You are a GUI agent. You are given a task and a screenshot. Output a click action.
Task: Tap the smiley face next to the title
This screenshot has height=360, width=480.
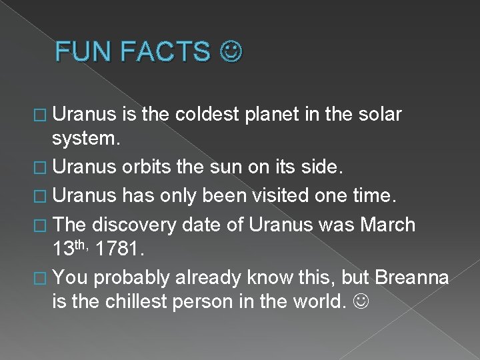(x=233, y=51)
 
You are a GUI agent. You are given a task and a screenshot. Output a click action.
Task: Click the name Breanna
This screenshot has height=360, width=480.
(x=412, y=276)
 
